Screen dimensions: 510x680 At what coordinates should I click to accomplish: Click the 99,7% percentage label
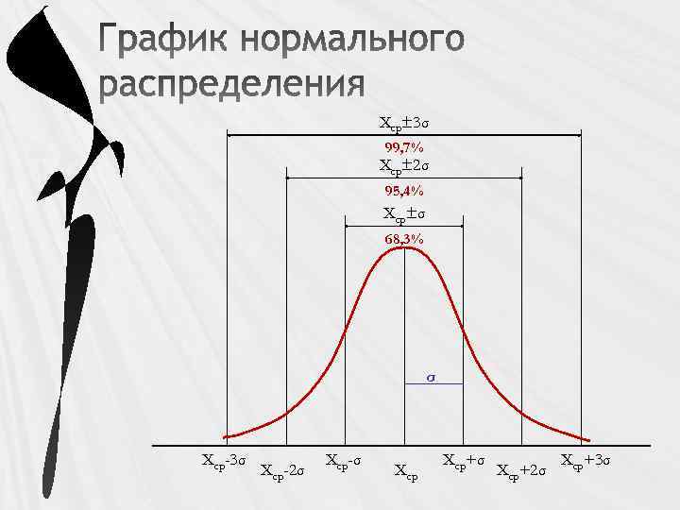(403, 148)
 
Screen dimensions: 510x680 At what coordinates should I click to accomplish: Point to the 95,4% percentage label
(403, 193)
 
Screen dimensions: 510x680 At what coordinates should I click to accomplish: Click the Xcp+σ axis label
(465, 461)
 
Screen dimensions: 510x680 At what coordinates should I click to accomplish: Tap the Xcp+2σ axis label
(521, 470)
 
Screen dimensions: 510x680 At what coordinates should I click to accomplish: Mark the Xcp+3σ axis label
(586, 461)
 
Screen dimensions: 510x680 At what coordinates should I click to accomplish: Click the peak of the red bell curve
(404, 248)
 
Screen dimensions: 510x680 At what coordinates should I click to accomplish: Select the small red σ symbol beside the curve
(431, 376)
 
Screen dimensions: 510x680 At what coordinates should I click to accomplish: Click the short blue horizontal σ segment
(433, 384)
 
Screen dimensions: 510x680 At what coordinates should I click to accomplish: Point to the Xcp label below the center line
(406, 469)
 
